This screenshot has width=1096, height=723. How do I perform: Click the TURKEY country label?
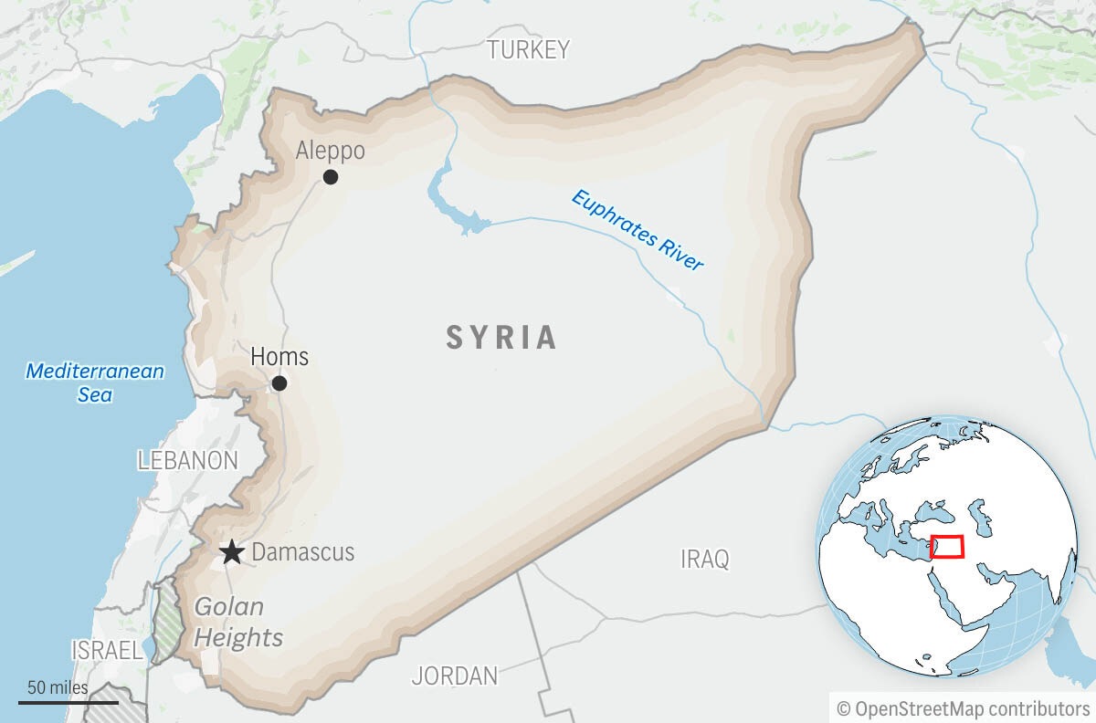[528, 49]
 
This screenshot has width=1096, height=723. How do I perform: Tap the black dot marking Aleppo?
[331, 177]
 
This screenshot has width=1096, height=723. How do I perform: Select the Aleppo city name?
[330, 151]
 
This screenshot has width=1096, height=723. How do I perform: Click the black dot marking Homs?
[279, 383]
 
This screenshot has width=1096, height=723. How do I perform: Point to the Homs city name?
[279, 356]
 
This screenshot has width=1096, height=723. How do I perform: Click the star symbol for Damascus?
[232, 552]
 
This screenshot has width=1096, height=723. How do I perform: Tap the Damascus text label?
[302, 552]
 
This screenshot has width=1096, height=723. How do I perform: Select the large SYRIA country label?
[501, 338]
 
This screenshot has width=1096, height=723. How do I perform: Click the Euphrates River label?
[638, 229]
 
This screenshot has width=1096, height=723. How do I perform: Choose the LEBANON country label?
[187, 461]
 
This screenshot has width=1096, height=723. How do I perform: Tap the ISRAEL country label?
[107, 650]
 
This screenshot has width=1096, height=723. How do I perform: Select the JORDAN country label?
[455, 676]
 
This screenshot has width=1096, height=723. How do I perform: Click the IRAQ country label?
[705, 559]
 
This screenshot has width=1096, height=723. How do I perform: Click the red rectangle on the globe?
[947, 547]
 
